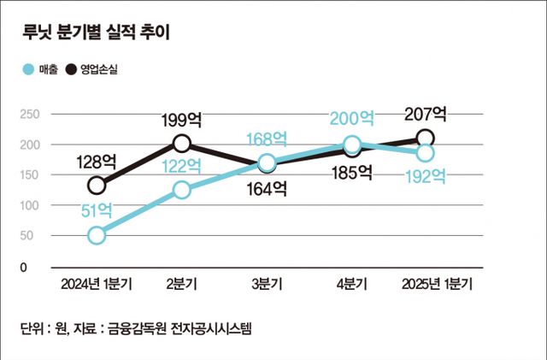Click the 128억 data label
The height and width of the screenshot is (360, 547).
pos(96,160)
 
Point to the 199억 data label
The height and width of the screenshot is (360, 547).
pos(181,117)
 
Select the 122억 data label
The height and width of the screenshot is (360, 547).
pos(181,165)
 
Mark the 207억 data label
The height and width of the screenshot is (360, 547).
pos(425,113)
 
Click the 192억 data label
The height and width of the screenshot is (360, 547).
pos(425,177)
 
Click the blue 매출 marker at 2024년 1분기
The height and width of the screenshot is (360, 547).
pos(97,235)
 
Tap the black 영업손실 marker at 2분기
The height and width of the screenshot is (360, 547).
pos(181,143)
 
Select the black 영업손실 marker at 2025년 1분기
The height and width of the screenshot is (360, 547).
pos(425,138)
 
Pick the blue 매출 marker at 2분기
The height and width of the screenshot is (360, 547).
pos(181,190)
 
